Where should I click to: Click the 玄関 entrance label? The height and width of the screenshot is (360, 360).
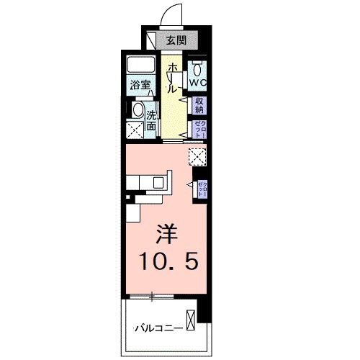pyautogui.click(x=176, y=40)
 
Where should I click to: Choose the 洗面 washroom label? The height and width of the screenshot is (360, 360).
pyautogui.click(x=152, y=120)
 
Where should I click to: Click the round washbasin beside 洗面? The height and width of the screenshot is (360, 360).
pyautogui.click(x=138, y=110)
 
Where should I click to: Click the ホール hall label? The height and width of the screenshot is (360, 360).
pyautogui.click(x=172, y=78)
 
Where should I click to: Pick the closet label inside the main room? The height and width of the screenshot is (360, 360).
pyautogui.click(x=202, y=189)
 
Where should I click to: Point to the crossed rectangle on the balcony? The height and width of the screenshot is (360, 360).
pyautogui.click(x=190, y=319)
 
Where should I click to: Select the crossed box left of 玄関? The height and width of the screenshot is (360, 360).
pyautogui.click(x=150, y=40)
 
